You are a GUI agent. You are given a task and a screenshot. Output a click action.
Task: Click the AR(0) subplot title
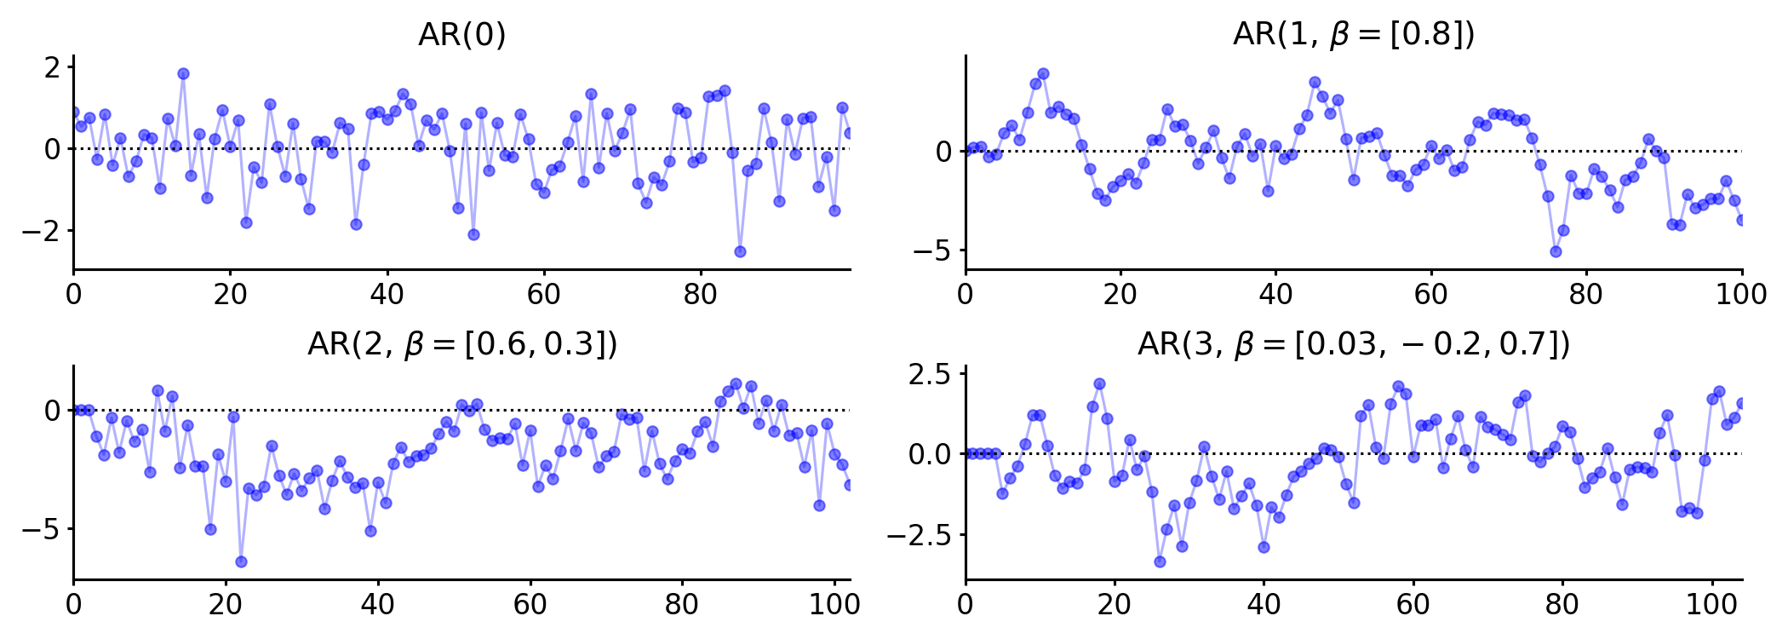click(462, 35)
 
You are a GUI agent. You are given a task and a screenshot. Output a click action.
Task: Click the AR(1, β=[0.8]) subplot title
click(1354, 35)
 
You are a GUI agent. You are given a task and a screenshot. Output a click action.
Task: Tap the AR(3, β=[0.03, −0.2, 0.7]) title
click(1354, 344)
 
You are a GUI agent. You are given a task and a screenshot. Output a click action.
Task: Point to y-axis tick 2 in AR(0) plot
click(53, 67)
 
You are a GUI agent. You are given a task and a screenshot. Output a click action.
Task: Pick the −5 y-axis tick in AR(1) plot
click(932, 251)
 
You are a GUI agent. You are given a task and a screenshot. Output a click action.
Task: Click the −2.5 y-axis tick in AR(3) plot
click(920, 536)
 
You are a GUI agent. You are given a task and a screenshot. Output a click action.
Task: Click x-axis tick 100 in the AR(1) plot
click(1741, 295)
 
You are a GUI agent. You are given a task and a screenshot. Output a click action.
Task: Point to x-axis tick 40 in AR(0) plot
click(387, 295)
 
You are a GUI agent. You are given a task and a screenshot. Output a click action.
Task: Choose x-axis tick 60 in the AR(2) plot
click(530, 605)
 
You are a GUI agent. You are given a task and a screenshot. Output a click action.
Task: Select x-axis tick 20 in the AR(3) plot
click(1115, 605)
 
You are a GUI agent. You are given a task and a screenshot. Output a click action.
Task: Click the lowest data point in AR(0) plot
click(740, 251)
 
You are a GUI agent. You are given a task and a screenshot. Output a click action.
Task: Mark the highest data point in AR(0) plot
click(183, 74)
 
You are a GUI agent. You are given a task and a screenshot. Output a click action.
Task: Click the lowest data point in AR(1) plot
click(1556, 251)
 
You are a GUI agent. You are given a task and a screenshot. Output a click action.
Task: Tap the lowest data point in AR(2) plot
click(241, 561)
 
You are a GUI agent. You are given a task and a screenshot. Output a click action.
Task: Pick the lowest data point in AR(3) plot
click(1160, 561)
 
